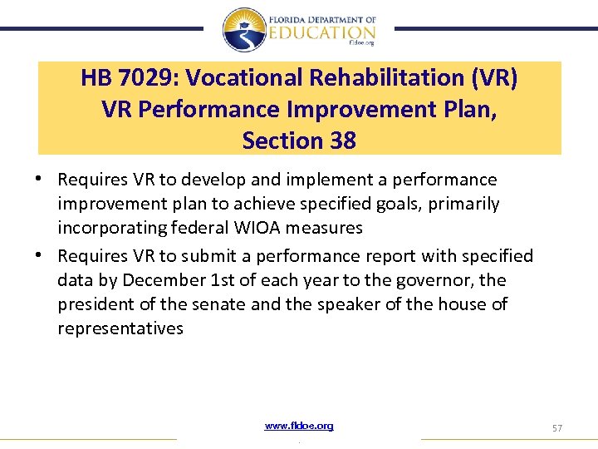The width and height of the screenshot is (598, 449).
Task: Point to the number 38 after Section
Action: (341, 141)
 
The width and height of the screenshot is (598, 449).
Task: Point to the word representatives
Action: (120, 328)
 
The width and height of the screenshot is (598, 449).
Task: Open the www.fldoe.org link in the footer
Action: (299, 426)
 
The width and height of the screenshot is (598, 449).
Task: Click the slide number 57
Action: (557, 427)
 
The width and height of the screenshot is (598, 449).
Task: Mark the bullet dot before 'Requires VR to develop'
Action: (41, 179)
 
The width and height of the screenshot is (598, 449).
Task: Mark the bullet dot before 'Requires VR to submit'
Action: (41, 255)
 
